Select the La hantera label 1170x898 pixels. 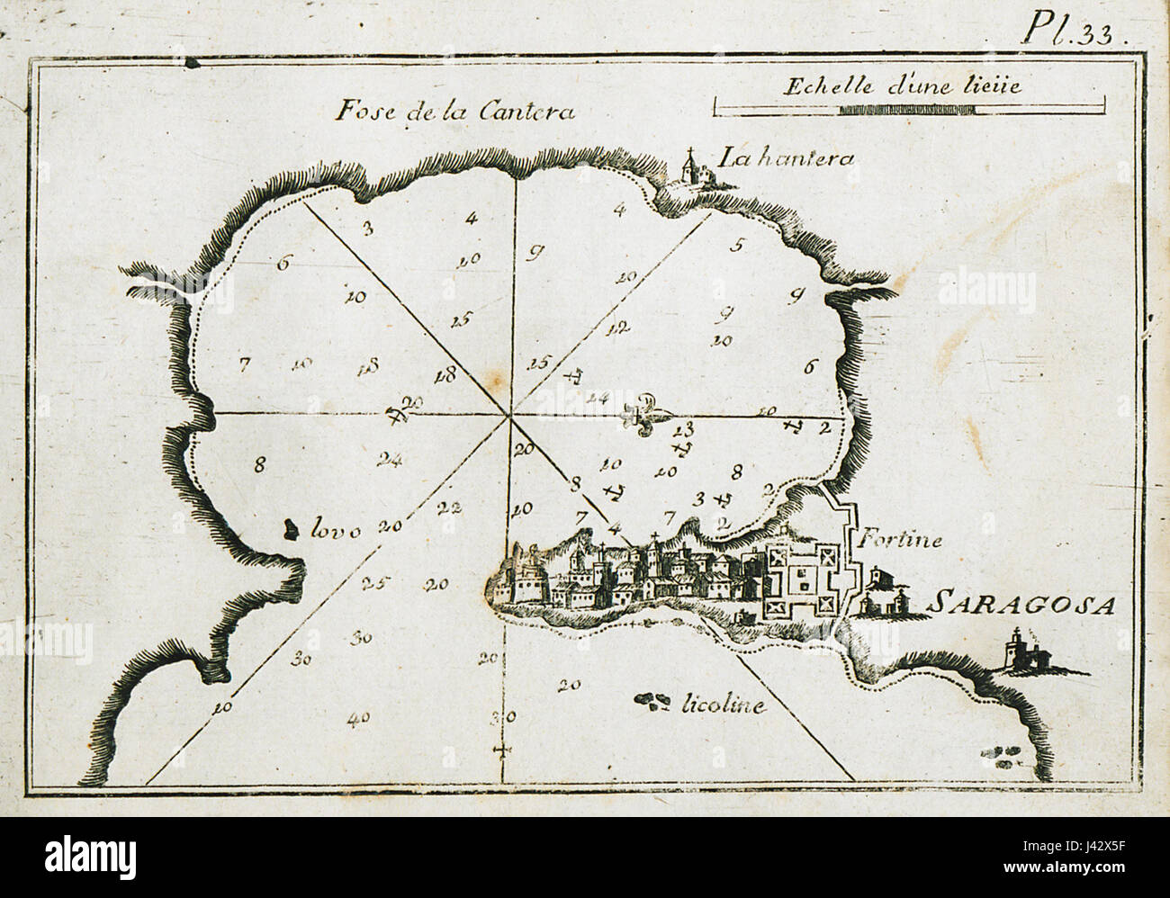click(785, 159)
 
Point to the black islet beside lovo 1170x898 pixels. click(290, 529)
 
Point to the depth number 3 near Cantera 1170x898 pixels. click(367, 228)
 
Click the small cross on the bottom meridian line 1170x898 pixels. click(501, 750)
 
